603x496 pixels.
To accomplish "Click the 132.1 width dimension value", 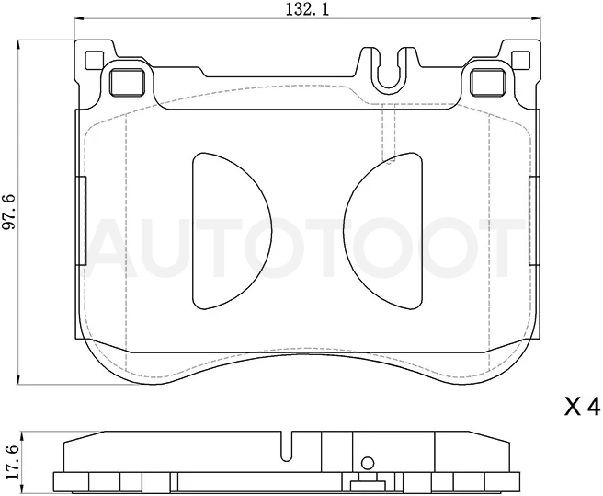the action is [x=307, y=9].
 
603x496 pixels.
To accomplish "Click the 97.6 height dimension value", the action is [x=9, y=213].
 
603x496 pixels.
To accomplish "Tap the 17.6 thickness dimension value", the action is [x=12, y=461].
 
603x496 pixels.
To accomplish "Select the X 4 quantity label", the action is [x=582, y=407].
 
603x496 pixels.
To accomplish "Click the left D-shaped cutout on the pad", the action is [x=232, y=231].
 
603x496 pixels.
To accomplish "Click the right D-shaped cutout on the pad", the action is [x=383, y=231].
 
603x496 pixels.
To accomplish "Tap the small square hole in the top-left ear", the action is [x=94, y=61].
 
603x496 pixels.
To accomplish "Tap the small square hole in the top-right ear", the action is [x=521, y=61].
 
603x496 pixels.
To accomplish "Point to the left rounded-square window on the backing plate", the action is [x=127, y=81].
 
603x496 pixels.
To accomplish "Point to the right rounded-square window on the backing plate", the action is [x=488, y=81].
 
